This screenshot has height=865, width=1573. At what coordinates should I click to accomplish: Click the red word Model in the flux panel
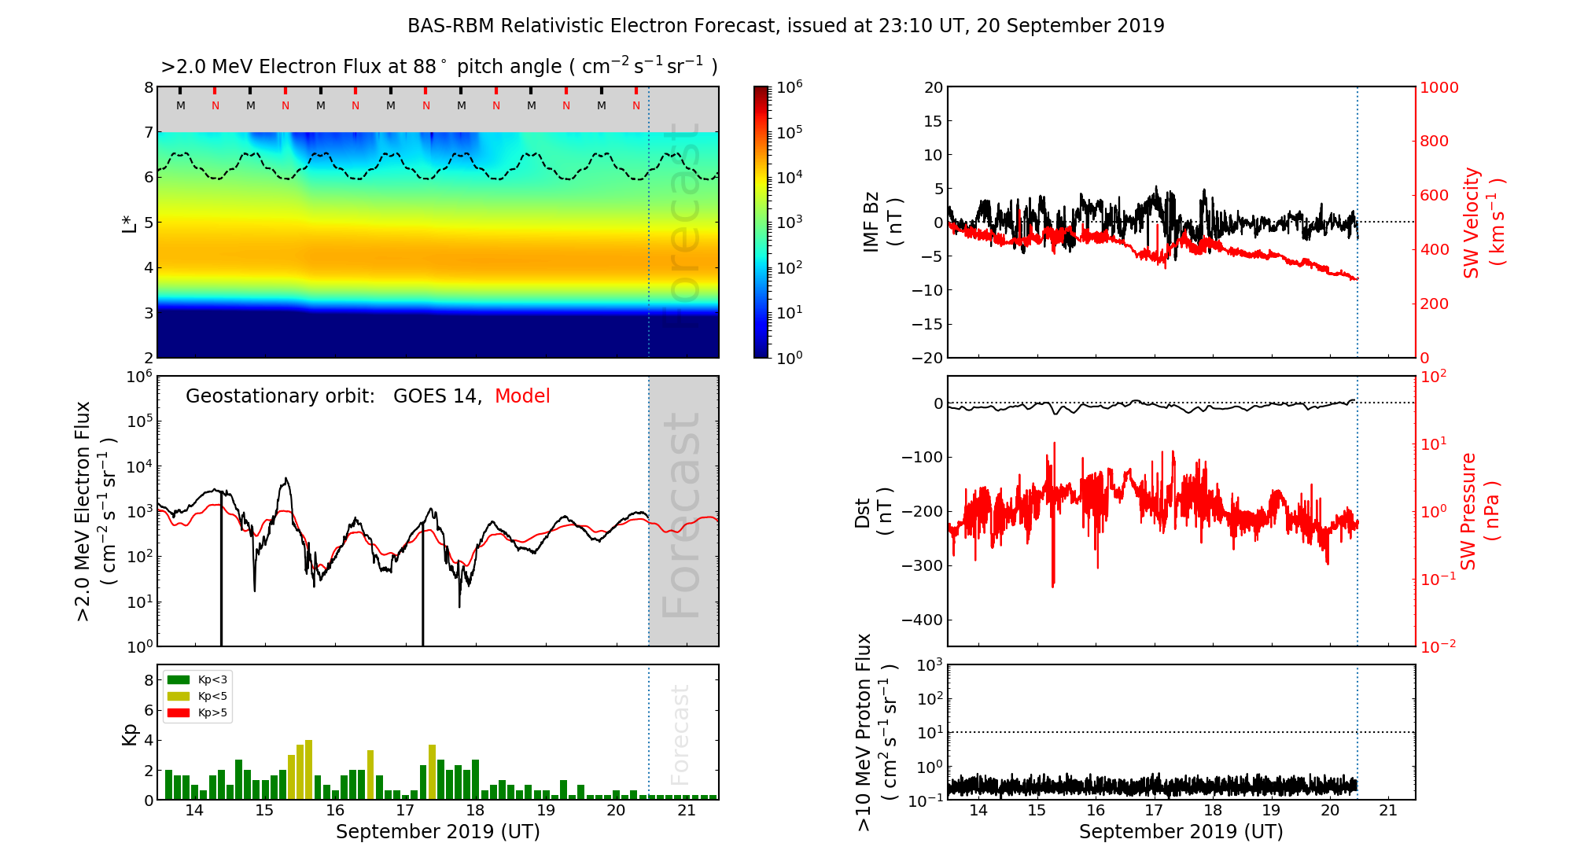[x=522, y=396]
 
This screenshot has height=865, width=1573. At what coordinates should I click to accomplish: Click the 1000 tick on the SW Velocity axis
[x=1439, y=87]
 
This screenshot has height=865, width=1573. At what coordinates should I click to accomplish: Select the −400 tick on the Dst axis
[x=922, y=620]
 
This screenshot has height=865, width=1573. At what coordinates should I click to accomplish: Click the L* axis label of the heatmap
[x=130, y=222]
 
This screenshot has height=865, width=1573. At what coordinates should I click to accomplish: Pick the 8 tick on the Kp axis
[x=149, y=680]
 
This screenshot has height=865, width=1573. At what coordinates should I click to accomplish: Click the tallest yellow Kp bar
[x=309, y=769]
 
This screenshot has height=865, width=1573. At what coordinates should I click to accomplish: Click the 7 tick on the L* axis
[x=149, y=132]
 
